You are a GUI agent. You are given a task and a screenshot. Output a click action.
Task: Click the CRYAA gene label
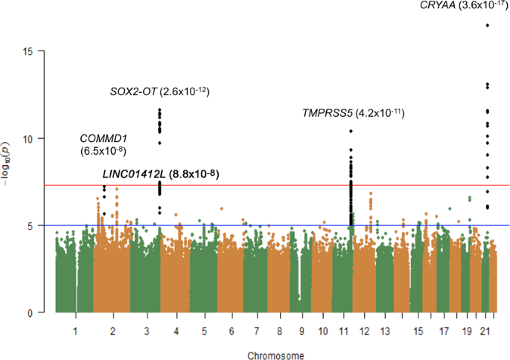[x=441, y=6]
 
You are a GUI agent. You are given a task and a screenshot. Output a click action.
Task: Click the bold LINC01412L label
[x=134, y=174]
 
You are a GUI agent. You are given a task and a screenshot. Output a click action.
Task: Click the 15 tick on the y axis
[x=35, y=51]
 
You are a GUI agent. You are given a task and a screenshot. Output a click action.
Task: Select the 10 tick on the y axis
[x=35, y=138]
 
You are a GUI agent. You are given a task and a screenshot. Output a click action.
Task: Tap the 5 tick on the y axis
[x=37, y=225]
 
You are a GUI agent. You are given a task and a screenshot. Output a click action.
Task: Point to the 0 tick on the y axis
[x=37, y=312]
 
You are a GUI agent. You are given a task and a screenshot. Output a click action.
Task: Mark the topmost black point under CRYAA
[x=488, y=25]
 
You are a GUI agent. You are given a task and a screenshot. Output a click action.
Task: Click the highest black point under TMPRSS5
[x=351, y=131]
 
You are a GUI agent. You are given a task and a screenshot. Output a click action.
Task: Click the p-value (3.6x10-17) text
[x=482, y=6]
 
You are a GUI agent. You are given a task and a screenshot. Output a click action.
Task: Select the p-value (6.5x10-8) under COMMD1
[x=102, y=151]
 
